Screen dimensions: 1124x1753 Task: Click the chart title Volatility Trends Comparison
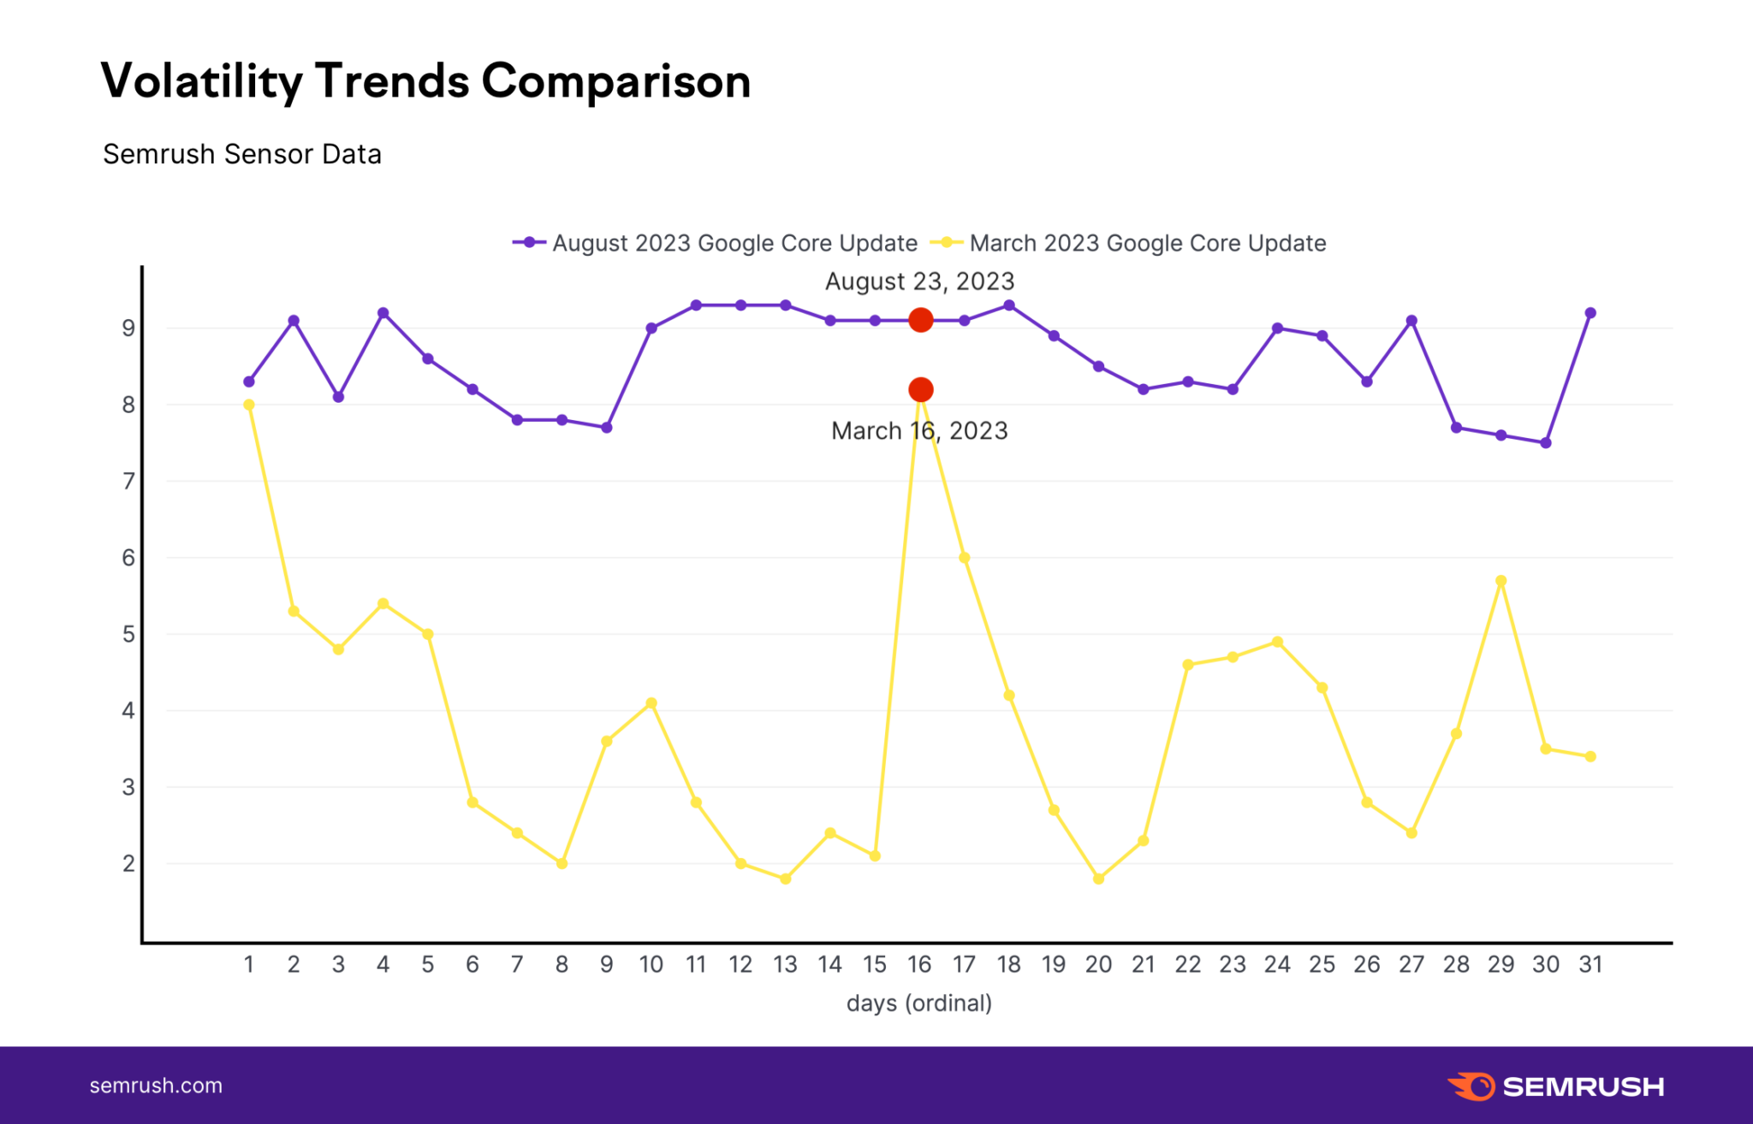coord(425,81)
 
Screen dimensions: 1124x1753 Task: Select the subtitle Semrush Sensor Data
coord(242,154)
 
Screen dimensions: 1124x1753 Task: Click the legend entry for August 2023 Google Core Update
coord(715,243)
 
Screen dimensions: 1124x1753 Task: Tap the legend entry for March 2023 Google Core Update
coord(1130,243)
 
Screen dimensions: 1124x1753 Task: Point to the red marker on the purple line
coord(920,320)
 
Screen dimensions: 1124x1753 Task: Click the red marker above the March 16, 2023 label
coord(920,390)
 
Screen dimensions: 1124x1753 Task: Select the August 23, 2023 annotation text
coord(919,281)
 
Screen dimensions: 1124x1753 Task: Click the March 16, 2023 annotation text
coord(919,430)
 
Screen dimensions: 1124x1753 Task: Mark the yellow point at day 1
coord(249,405)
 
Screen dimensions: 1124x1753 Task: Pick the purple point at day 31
coord(1590,313)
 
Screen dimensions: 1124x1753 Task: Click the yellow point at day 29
coord(1500,581)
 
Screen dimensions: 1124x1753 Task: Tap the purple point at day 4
coord(383,313)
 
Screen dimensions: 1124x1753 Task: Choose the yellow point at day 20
coord(1098,878)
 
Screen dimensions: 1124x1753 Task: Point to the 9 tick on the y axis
coord(128,328)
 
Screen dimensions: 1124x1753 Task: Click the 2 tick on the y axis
coord(128,864)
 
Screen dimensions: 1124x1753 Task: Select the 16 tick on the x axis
coord(919,965)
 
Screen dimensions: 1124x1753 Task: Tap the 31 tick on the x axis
coord(1590,965)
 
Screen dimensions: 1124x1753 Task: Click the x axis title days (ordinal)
coord(919,1003)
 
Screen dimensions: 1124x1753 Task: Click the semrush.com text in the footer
coord(156,1086)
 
